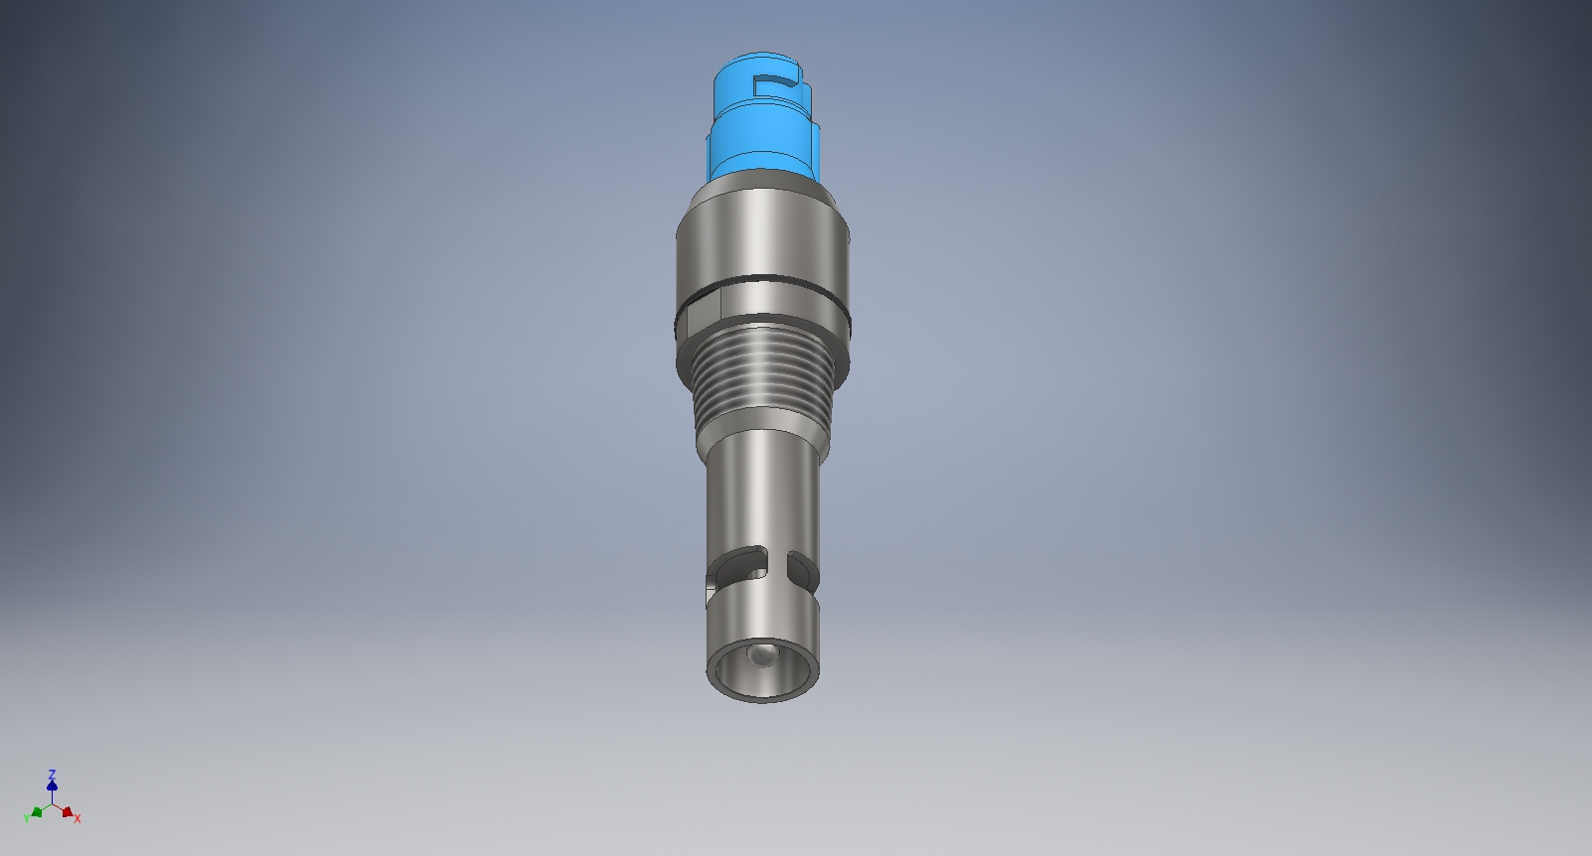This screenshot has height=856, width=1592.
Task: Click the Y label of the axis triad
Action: tap(27, 818)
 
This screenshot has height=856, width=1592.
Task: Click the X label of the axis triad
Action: tap(78, 819)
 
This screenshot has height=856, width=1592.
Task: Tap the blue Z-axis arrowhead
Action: tap(52, 785)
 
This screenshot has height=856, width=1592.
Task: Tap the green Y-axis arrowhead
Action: tap(37, 812)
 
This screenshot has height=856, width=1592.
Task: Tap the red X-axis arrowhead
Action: tap(67, 812)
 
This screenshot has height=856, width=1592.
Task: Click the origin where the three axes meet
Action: tap(52, 803)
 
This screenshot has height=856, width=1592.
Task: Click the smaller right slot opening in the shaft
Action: tap(801, 568)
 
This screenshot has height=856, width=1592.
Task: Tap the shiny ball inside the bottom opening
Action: tap(762, 656)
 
